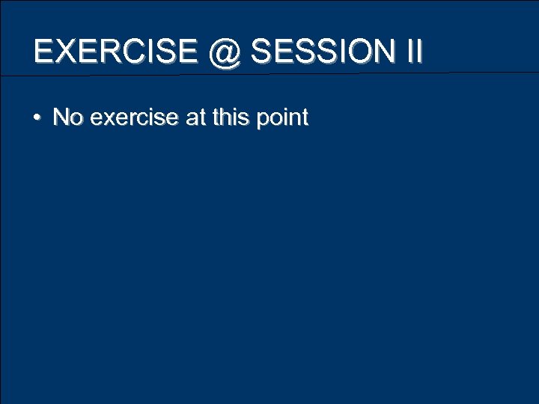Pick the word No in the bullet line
(67, 117)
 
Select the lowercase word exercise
(128, 117)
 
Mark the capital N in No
(61, 117)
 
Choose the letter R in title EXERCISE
(112, 52)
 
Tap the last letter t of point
(304, 117)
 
